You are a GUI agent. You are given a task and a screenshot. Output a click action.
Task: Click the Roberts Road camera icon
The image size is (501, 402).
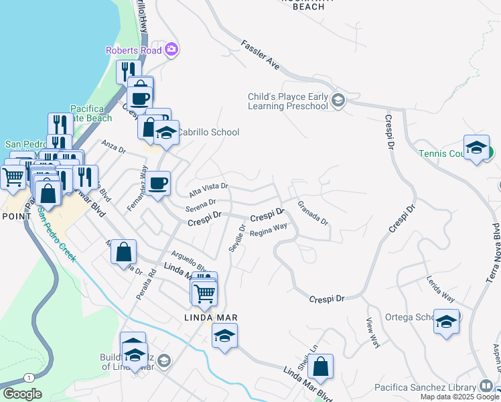pyautogui.click(x=171, y=50)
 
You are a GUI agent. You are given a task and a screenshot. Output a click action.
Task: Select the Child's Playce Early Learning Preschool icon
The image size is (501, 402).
pyautogui.click(x=338, y=101)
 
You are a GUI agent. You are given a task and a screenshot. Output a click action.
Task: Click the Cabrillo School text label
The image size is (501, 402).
pyautogui.click(x=207, y=132)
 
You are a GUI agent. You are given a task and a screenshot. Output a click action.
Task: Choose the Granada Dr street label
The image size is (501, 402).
pyautogui.click(x=312, y=212)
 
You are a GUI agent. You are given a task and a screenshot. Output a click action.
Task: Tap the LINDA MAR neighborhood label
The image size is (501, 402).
pyautogui.click(x=212, y=317)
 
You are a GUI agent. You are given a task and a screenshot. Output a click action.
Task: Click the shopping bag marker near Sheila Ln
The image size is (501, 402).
pyautogui.click(x=321, y=367)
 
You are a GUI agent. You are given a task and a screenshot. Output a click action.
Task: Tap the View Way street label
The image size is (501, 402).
pyautogui.click(x=373, y=332)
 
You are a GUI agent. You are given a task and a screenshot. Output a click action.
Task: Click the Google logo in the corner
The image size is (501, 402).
pyautogui.click(x=22, y=394)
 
